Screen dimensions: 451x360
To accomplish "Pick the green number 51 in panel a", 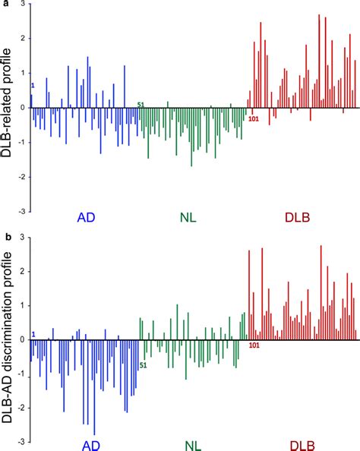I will click(141, 104).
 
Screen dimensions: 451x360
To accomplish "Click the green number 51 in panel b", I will click(141, 365).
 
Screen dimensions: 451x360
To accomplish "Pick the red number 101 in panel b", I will click(254, 346).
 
